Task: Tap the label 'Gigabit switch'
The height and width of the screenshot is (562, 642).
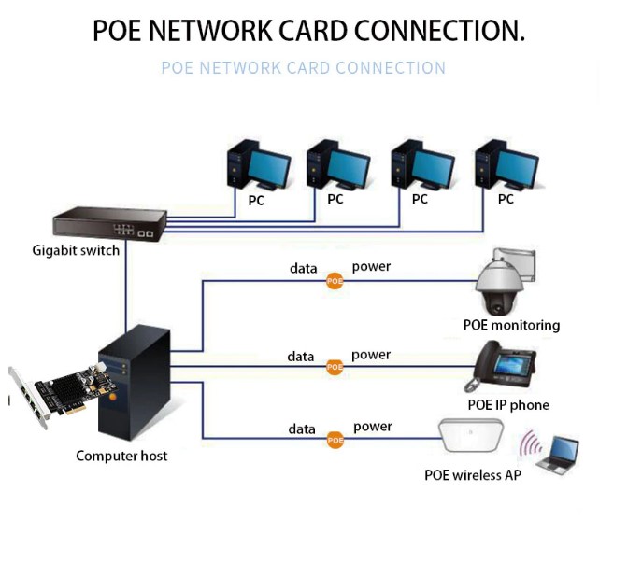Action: coord(76,250)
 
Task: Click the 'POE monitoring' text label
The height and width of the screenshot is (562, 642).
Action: coord(511,325)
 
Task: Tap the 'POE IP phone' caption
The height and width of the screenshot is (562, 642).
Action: coord(508,405)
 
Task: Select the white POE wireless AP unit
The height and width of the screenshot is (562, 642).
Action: coord(470,437)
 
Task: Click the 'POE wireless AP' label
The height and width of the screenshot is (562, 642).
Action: coord(473,475)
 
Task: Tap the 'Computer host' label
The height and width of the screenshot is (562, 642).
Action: coord(121,456)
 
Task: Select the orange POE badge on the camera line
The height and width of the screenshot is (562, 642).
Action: coord(335,281)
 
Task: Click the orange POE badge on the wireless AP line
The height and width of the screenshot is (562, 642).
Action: coord(335,439)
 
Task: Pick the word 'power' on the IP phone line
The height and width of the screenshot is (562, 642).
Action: coord(371,355)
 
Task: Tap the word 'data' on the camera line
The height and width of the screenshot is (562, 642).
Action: coord(303,269)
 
